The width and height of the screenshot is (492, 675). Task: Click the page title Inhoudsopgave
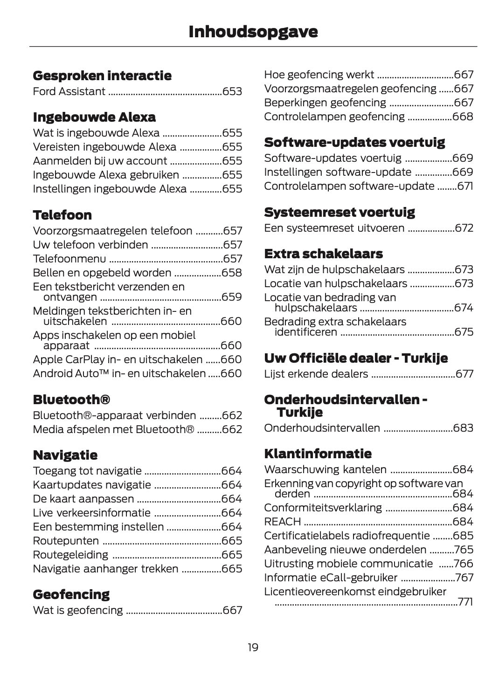pos(253,32)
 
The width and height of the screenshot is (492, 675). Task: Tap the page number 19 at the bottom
pos(253,647)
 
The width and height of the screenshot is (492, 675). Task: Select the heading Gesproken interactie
pos(102,76)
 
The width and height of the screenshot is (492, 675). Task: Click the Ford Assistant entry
pos(69,91)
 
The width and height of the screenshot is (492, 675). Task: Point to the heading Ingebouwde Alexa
pos(94,117)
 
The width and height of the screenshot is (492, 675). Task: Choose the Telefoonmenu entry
pos(69,259)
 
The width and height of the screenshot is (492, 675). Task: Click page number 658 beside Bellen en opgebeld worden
pos(232,273)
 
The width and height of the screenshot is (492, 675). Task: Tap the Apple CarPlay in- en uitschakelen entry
pos(118,359)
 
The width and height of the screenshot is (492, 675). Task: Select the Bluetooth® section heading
pos(71,399)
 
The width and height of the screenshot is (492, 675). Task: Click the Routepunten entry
pos(66,541)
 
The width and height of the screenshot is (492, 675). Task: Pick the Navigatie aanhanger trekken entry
pos(105,569)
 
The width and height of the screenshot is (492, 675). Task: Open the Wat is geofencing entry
pos(78,610)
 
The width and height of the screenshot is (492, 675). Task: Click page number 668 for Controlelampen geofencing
pos(463,117)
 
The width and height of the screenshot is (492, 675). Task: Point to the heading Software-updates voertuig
pos(354,142)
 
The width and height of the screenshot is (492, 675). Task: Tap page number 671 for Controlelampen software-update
pos(465,186)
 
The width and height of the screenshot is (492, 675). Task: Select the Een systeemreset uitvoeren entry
pos(334,228)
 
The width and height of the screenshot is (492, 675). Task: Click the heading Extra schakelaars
pos(323,254)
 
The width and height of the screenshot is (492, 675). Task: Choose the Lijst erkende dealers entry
pos(316,374)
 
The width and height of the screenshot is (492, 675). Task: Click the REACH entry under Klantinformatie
pos(282,522)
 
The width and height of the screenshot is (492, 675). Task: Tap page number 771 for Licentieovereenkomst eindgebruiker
pos(465,602)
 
